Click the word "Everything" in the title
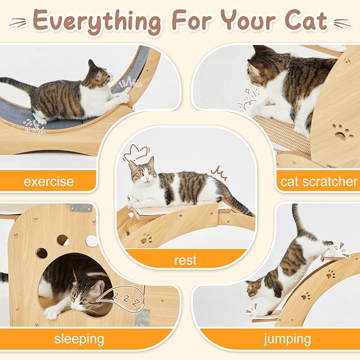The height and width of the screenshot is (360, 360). pyautogui.click(x=97, y=22)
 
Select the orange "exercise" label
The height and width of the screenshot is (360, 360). pyautogui.click(x=49, y=181)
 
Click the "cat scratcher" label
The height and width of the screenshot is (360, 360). pyautogui.click(x=319, y=181)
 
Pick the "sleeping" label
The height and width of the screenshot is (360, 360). pyautogui.click(x=79, y=339)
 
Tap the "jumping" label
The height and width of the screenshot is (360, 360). pyautogui.click(x=287, y=339)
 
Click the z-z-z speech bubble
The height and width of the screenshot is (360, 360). pyautogui.click(x=121, y=298)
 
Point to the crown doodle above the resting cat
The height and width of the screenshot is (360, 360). pyautogui.click(x=136, y=153)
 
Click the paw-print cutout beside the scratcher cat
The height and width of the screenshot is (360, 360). pyautogui.click(x=341, y=133)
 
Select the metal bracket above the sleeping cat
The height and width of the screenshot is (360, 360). pyautogui.click(x=81, y=208)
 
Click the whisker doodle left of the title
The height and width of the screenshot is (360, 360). pyautogui.click(x=18, y=22)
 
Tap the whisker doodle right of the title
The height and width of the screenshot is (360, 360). pyautogui.click(x=342, y=23)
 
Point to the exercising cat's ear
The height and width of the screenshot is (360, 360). pyautogui.click(x=92, y=64)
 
